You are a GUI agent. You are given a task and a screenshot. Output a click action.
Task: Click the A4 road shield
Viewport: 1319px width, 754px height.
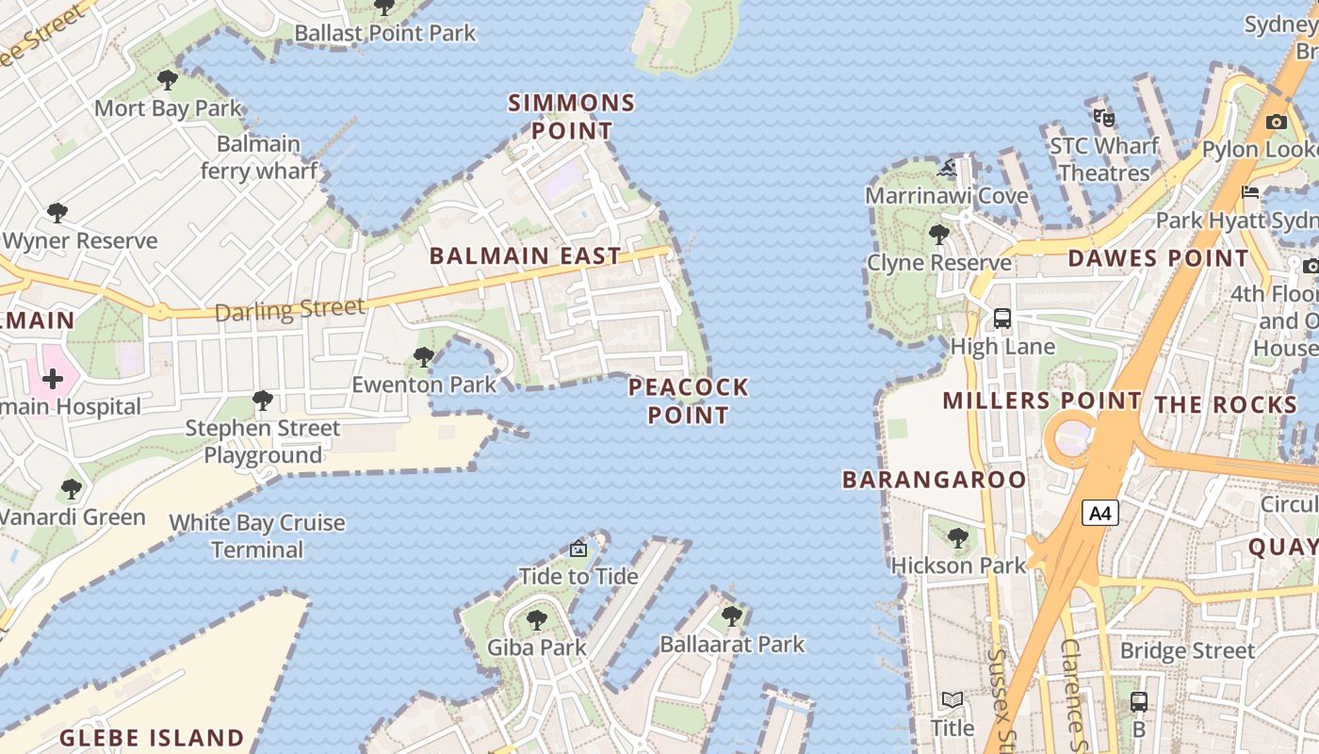[x=1100, y=513]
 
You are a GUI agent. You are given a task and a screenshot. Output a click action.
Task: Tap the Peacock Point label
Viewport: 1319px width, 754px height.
[x=689, y=401]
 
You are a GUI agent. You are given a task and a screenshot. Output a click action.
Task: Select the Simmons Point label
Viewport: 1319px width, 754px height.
[x=572, y=116]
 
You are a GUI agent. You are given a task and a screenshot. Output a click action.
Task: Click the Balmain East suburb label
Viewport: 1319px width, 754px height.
[x=526, y=255]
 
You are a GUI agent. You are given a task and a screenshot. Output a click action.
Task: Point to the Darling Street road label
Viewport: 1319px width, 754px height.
[x=289, y=309]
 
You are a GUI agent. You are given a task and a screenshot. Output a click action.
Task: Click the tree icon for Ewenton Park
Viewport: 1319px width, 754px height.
[x=424, y=357]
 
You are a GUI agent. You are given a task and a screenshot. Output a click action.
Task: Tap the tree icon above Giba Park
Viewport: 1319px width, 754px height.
[x=536, y=620]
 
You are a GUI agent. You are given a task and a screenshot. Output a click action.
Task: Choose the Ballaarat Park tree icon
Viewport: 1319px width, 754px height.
[x=731, y=616]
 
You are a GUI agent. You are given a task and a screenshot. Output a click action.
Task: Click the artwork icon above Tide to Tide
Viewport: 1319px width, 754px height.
[x=578, y=549]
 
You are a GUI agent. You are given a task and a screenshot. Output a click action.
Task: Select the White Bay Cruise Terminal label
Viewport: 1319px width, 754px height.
[x=257, y=535]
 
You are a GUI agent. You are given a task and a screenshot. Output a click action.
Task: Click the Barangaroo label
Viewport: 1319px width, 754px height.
[x=934, y=479]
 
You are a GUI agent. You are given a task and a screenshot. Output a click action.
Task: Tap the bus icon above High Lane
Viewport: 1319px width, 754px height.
[x=1002, y=319]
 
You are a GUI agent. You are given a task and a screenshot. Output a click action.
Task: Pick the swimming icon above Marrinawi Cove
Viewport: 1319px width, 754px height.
[x=948, y=170]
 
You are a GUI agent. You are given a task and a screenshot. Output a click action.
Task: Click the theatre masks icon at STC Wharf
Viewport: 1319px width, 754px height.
[x=1104, y=118]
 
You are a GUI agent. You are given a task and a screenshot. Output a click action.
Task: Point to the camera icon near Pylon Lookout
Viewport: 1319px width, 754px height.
[x=1277, y=122]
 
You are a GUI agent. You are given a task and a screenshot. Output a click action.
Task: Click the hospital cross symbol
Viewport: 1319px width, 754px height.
[x=53, y=379]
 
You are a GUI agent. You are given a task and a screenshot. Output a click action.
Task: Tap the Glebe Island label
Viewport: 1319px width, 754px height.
[x=152, y=737]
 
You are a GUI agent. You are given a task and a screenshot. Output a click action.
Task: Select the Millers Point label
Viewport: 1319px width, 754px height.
[x=1042, y=401]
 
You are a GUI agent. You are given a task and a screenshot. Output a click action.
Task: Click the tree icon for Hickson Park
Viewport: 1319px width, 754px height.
[x=958, y=538]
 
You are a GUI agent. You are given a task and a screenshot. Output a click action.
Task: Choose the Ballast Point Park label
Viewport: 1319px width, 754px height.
[x=385, y=33]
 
